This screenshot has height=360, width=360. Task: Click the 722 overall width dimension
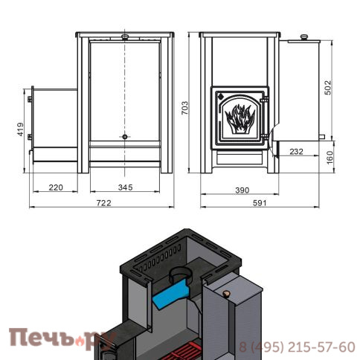point(103,203)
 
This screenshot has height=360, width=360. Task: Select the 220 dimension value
point(56,187)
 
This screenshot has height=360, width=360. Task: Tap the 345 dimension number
point(125,187)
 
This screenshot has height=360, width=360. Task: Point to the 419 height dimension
point(20,129)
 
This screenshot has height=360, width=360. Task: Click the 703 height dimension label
point(184,108)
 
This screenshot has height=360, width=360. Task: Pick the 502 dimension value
point(328,88)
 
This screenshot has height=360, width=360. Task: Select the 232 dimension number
point(297,152)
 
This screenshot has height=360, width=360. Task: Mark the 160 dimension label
point(330,157)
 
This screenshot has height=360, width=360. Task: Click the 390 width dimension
point(242,190)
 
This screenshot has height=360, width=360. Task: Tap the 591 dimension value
point(260,203)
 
